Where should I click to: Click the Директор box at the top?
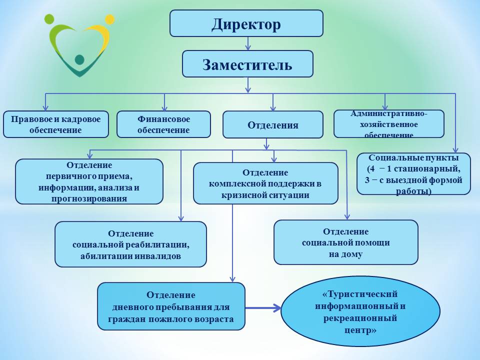tap(246, 23)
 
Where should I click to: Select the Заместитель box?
tap(247, 63)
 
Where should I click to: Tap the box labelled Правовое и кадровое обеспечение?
tap(55, 124)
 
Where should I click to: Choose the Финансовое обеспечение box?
tap(163, 124)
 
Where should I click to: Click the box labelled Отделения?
tap(272, 124)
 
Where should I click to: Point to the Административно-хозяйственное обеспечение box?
tap(388, 123)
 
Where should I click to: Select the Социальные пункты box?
tap(413, 173)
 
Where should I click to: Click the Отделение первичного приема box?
tap(89, 181)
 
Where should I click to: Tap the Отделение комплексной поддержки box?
tap(265, 183)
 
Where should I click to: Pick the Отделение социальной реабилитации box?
tap(130, 244)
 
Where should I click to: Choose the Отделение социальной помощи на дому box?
tap(345, 242)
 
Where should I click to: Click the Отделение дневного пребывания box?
tap(171, 306)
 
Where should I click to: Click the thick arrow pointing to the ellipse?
tap(263, 308)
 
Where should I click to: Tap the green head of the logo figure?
tap(49, 19)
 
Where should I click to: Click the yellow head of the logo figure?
tap(109, 19)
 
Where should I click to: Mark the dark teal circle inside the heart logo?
tap(79, 59)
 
